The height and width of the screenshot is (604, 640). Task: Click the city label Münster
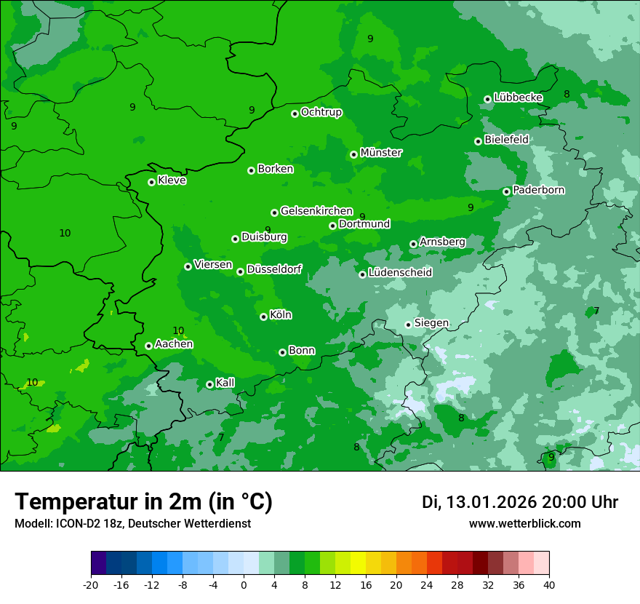pyautogui.click(x=381, y=153)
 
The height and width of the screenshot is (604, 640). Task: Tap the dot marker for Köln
pyautogui.click(x=263, y=317)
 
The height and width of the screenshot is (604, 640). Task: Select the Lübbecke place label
pyautogui.click(x=518, y=98)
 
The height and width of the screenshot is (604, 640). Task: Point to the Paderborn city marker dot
pyautogui.click(x=507, y=191)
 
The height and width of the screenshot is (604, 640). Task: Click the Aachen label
pyautogui.click(x=174, y=344)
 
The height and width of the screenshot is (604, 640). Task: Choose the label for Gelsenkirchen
pyautogui.click(x=316, y=211)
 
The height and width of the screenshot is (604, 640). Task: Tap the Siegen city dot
pyautogui.click(x=408, y=325)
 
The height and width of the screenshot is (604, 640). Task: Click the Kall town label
pyautogui.click(x=225, y=383)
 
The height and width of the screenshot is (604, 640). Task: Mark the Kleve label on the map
pyautogui.click(x=172, y=180)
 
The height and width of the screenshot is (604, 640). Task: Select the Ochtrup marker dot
pyautogui.click(x=295, y=114)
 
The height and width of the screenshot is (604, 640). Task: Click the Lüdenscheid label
pyautogui.click(x=400, y=273)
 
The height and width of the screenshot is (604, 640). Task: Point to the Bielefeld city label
pyautogui.click(x=506, y=140)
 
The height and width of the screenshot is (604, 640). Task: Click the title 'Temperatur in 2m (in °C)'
pyautogui.click(x=143, y=502)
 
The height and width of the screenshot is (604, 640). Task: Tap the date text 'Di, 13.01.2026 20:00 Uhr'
pyautogui.click(x=520, y=502)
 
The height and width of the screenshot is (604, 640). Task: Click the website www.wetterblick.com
pyautogui.click(x=524, y=524)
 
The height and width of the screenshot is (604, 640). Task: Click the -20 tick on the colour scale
pyautogui.click(x=91, y=584)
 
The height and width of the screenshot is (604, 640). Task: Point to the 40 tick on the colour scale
pyautogui.click(x=549, y=584)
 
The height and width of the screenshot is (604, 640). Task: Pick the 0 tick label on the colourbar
pyautogui.click(x=244, y=584)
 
